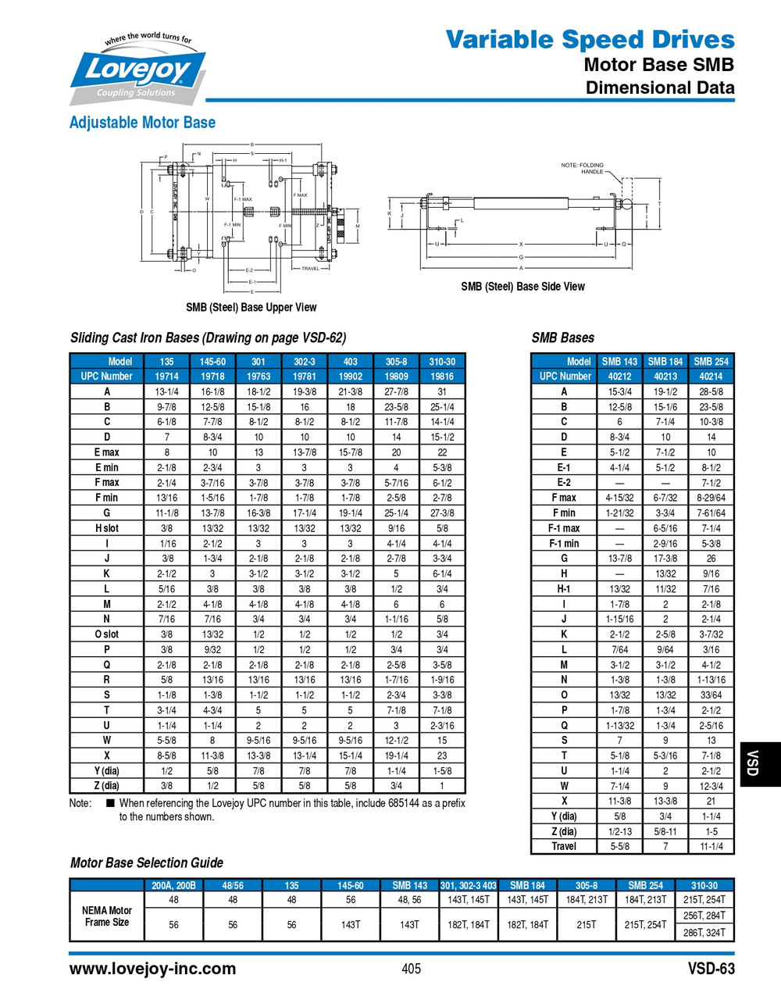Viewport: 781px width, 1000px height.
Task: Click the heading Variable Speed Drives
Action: point(590,39)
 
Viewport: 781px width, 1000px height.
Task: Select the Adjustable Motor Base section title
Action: point(142,123)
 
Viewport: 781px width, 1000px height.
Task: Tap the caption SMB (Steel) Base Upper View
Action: point(251,307)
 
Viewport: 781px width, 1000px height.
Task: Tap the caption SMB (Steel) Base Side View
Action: point(522,287)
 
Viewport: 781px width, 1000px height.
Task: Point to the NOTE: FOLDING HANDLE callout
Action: point(583,168)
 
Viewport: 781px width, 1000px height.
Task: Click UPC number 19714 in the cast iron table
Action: point(166,376)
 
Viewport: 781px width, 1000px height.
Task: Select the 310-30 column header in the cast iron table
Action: point(442,361)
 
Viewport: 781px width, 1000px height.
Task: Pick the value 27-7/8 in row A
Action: point(396,391)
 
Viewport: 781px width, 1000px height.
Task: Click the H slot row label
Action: point(107,528)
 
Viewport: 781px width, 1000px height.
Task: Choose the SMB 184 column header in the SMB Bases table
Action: point(665,361)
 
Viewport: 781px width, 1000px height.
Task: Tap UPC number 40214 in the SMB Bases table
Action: point(711,376)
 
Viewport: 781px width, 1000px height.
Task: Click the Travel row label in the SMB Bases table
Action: point(564,846)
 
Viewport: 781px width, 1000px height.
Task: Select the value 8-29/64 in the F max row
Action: point(711,498)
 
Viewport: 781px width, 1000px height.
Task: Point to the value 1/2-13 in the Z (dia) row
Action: point(620,831)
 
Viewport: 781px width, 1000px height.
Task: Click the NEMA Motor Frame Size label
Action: point(107,916)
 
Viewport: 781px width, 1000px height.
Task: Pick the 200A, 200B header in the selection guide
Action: point(173,885)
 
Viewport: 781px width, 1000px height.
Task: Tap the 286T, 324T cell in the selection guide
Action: point(704,932)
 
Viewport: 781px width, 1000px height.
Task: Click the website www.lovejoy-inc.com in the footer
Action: point(152,969)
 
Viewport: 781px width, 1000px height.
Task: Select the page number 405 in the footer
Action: point(411,969)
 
